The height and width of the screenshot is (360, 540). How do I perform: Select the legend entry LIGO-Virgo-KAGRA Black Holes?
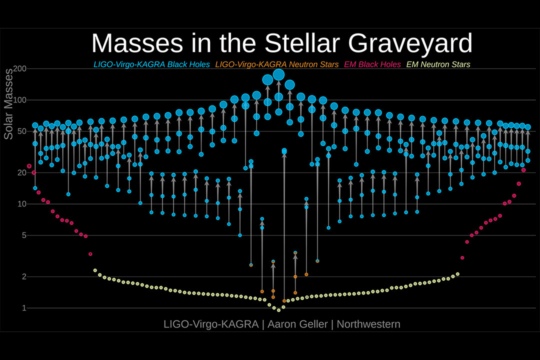pyautogui.click(x=151, y=64)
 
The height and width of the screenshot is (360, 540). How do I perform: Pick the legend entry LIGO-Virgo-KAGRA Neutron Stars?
pyautogui.click(x=276, y=64)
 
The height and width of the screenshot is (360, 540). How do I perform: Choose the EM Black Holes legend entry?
pyautogui.click(x=371, y=64)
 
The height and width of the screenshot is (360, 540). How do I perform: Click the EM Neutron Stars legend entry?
pyautogui.click(x=438, y=64)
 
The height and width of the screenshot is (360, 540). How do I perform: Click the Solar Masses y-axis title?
pyautogui.click(x=8, y=104)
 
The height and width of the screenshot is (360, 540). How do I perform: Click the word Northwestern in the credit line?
pyautogui.click(x=368, y=324)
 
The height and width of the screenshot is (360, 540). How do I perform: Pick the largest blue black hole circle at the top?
pyautogui.click(x=278, y=75)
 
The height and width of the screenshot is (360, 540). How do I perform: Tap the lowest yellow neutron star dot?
pyautogui.click(x=278, y=310)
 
